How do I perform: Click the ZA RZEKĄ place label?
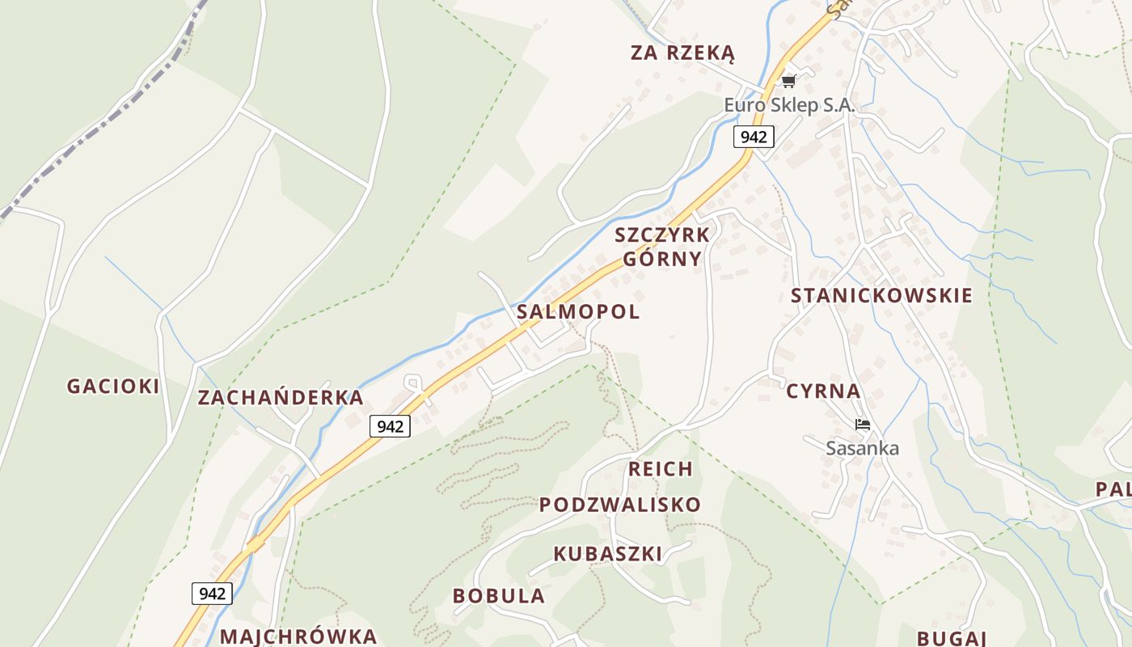[682, 53]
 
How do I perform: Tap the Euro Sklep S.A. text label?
[789, 105]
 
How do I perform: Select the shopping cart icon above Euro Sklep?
[789, 81]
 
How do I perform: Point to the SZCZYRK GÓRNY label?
[662, 247]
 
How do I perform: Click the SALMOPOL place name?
[578, 311]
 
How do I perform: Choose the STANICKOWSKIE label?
[881, 295]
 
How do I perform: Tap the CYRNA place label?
[823, 391]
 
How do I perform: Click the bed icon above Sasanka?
[862, 425]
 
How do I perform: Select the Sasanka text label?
[862, 448]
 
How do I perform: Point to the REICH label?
[661, 469]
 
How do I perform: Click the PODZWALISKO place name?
[620, 505]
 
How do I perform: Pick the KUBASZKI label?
[608, 554]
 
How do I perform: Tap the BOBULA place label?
[499, 596]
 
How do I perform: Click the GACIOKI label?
[113, 387]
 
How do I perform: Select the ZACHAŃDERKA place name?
[281, 397]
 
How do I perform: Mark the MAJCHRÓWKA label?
[298, 636]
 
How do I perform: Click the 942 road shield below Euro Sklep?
[754, 137]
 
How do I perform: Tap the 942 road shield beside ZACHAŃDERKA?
[390, 426]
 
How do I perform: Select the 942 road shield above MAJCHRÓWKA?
[212, 594]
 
